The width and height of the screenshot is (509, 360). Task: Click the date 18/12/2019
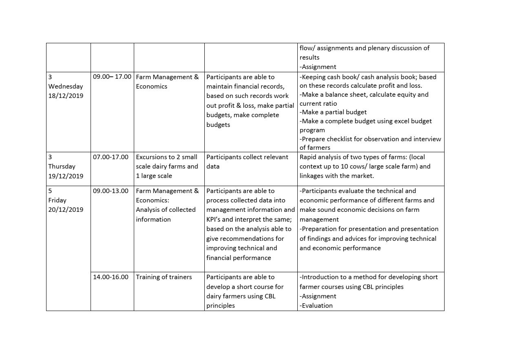click(x=66, y=96)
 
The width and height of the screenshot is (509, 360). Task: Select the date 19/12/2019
click(x=66, y=176)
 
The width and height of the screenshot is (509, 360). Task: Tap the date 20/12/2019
click(x=66, y=210)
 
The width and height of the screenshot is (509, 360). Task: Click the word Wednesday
click(x=66, y=87)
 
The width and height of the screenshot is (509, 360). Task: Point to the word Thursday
click(x=62, y=167)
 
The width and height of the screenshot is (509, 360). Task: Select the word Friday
click(x=57, y=200)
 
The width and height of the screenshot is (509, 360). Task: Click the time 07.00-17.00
click(x=111, y=157)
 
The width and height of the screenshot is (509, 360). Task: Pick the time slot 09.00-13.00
click(x=111, y=191)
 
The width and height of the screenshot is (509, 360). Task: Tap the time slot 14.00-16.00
click(x=111, y=277)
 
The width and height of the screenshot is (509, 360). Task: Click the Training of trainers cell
click(x=164, y=277)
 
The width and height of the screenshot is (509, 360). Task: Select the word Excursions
click(x=152, y=157)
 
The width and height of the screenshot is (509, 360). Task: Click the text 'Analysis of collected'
click(x=166, y=210)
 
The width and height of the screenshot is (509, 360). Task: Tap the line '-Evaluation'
click(x=316, y=306)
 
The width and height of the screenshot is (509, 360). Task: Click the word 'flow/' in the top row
click(x=307, y=48)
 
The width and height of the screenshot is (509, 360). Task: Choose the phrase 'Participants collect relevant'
click(x=247, y=157)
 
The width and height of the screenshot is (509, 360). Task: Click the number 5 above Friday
click(x=50, y=191)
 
